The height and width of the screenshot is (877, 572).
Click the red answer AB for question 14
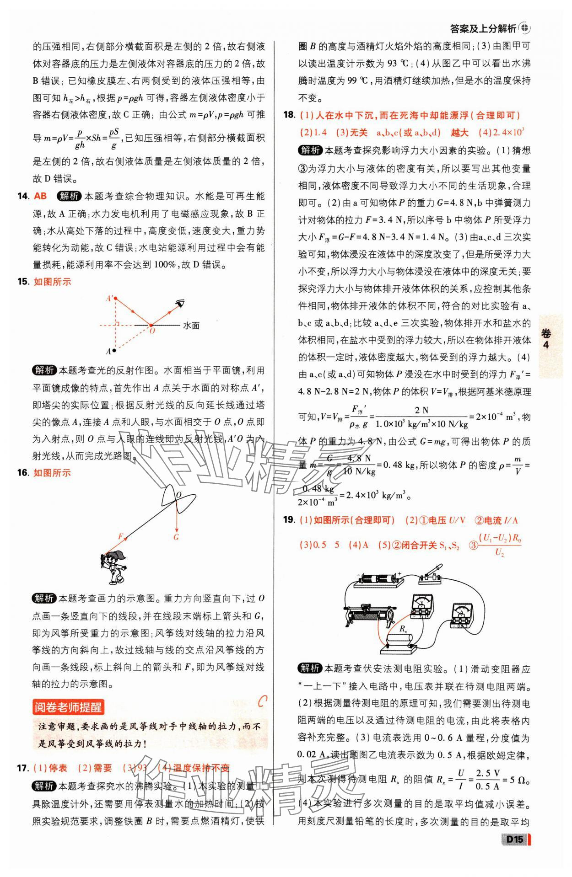coord(40,196)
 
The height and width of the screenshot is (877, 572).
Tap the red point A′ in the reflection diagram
coord(116,298)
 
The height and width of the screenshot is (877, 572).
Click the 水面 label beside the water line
coord(191,326)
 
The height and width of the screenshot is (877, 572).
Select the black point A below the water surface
coord(114,351)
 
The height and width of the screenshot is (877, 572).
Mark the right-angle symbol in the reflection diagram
coord(117,323)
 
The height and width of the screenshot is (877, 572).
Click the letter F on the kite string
coord(120,536)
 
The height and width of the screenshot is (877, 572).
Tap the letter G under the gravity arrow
coord(176,537)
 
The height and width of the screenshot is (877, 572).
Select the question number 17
coord(23,768)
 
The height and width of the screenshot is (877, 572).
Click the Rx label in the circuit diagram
coord(403,629)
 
